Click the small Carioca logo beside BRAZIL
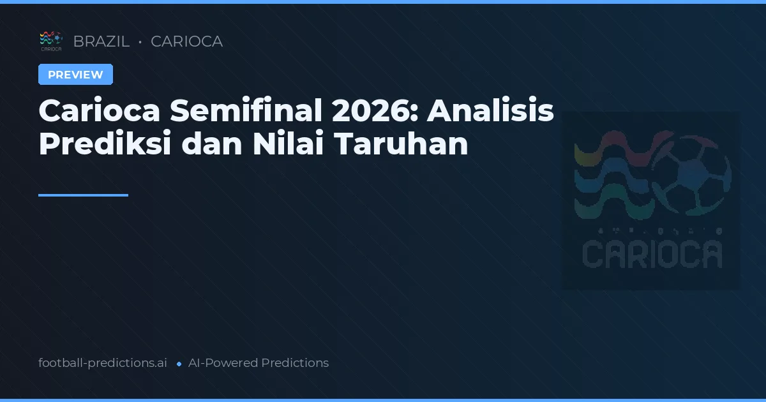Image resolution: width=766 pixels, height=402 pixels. [x=50, y=41]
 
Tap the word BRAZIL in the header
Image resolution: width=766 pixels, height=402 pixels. [x=101, y=41]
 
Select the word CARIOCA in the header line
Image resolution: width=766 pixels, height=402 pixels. [x=186, y=41]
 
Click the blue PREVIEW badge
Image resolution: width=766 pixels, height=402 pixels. [x=75, y=75]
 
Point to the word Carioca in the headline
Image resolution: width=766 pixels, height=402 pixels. [x=98, y=112]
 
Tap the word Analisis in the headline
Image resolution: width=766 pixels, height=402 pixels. [x=490, y=112]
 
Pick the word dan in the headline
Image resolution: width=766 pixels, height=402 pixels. [x=211, y=145]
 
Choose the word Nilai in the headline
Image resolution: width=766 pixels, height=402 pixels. [x=287, y=145]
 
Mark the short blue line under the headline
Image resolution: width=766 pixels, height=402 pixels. [x=83, y=195]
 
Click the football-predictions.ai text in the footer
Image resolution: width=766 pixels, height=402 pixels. [x=103, y=363]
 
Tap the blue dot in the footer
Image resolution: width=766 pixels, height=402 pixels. [x=179, y=364]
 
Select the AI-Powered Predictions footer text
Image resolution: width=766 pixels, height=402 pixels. [x=259, y=363]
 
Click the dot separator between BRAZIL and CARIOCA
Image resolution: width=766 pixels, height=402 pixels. [x=140, y=42]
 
